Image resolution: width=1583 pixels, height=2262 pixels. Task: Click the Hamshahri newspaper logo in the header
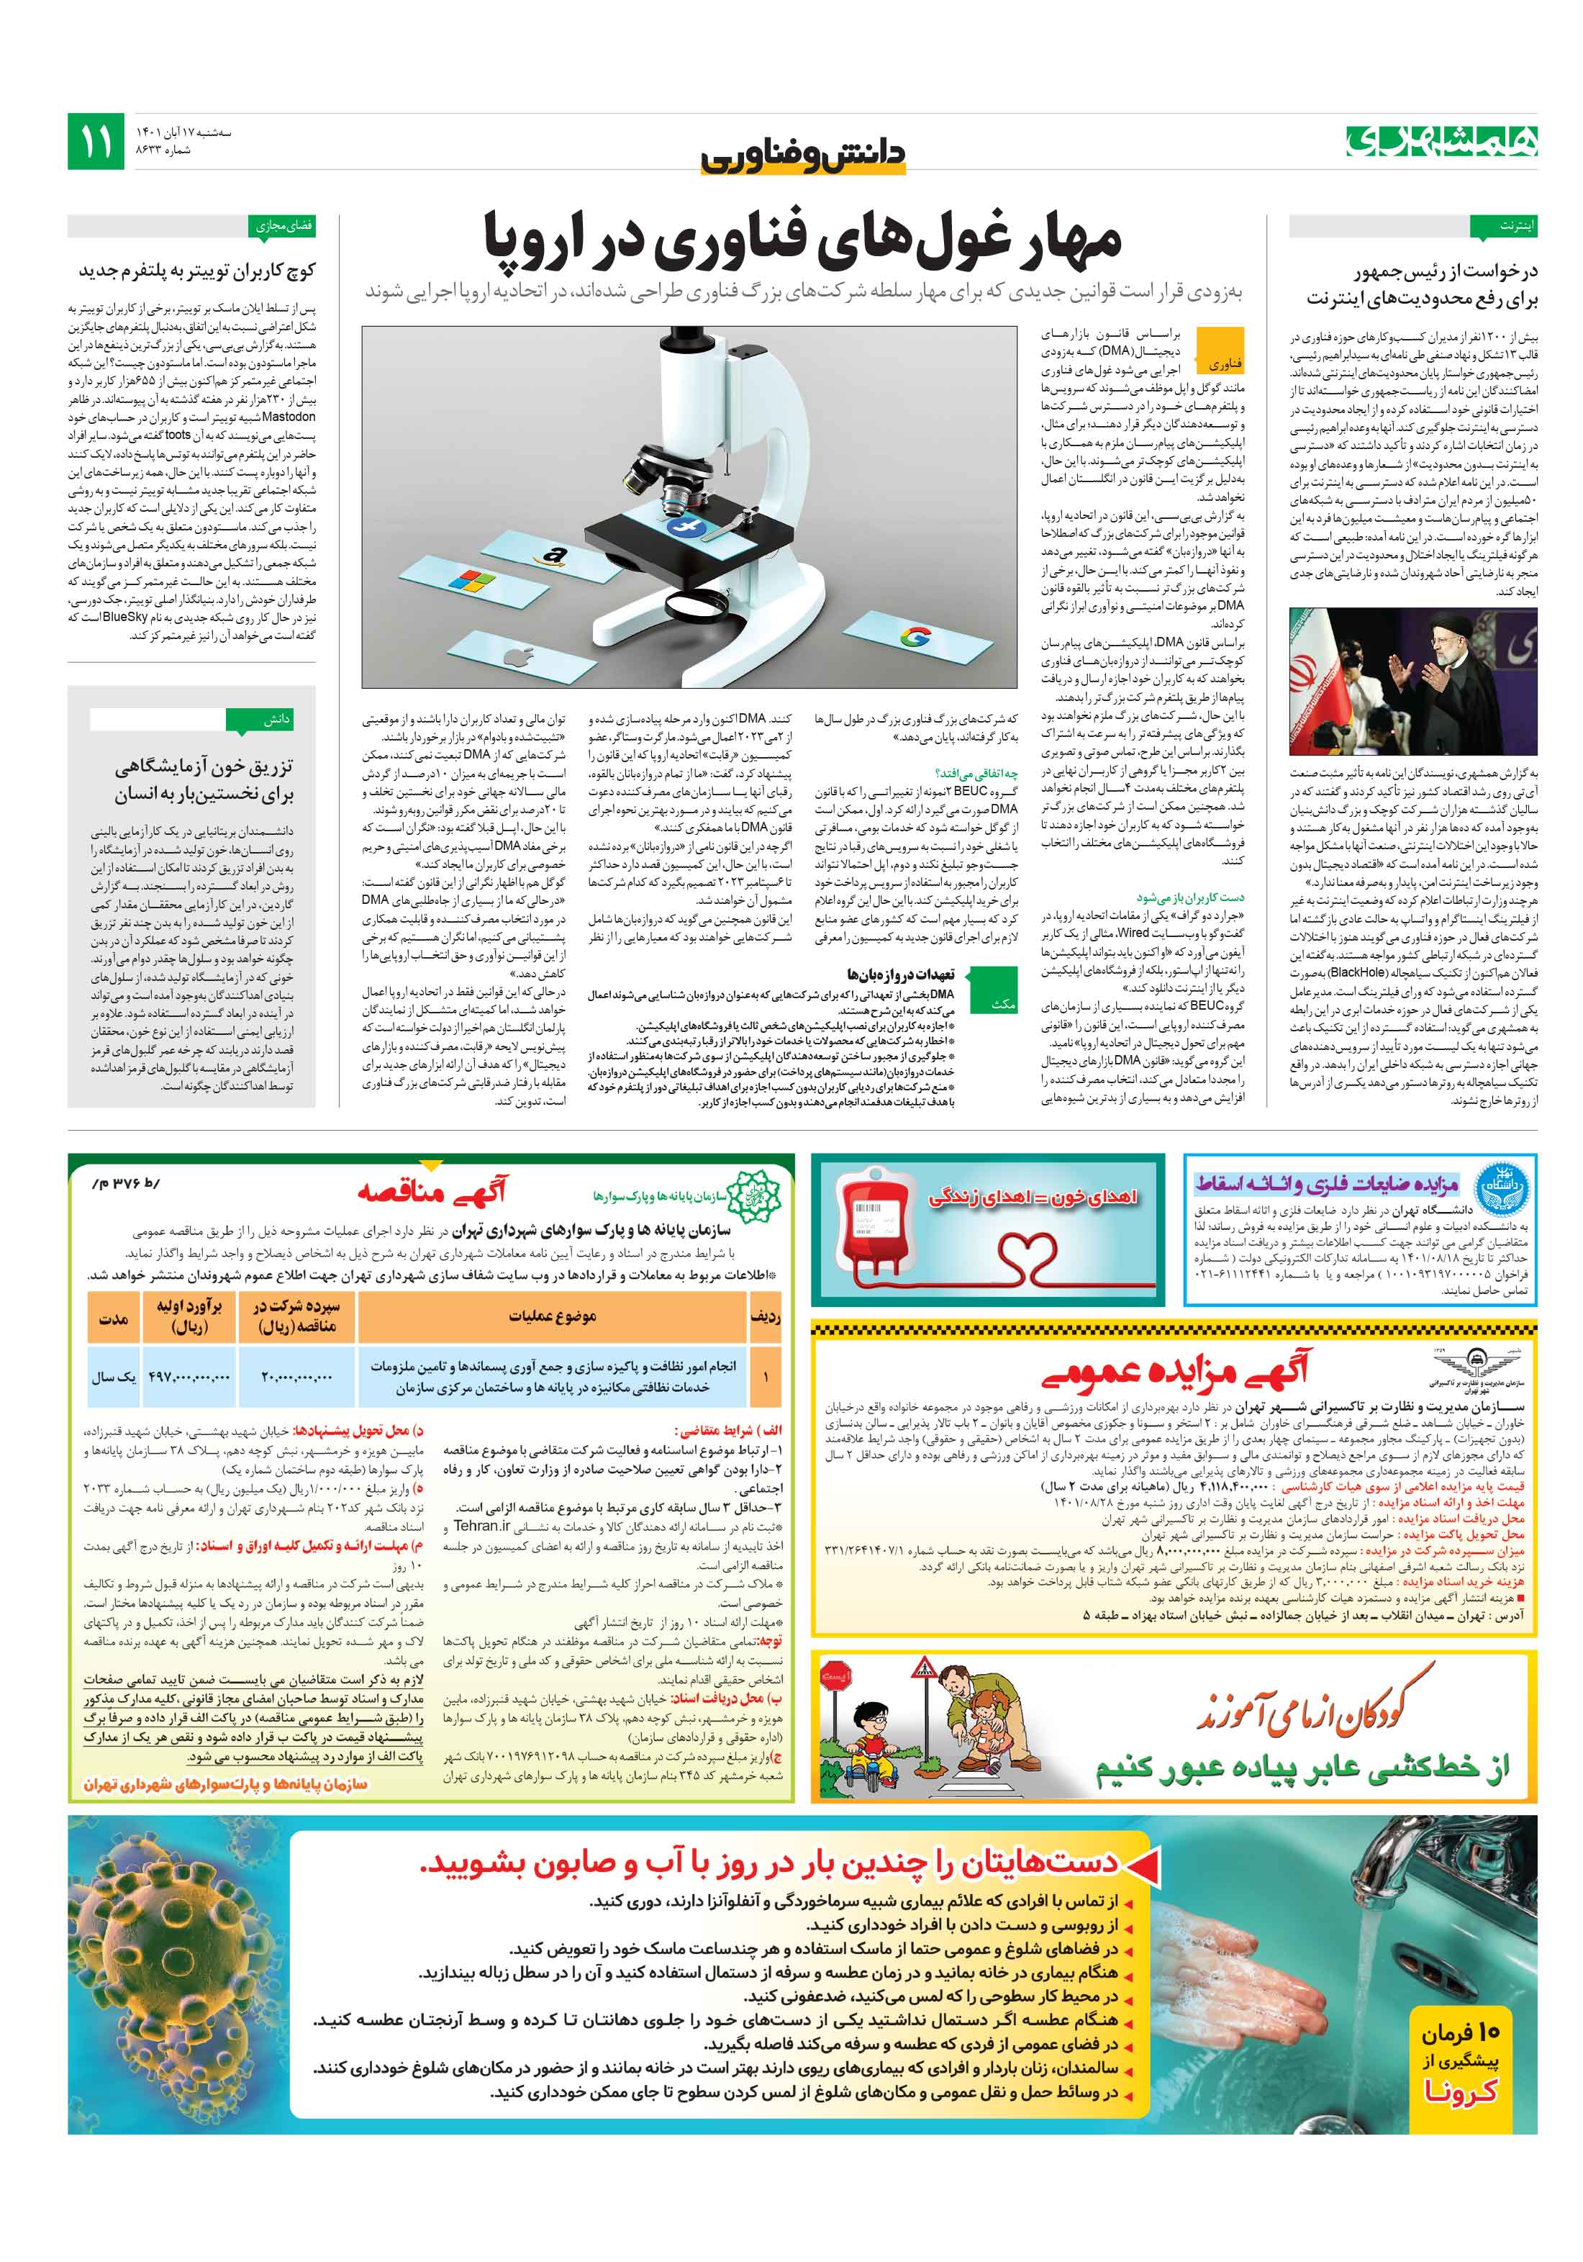coord(1440,142)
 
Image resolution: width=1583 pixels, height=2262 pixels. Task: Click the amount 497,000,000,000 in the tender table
coord(189,1377)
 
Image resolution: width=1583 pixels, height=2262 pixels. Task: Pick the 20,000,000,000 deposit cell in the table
coord(296,1377)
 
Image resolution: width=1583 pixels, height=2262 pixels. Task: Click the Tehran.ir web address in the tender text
coord(481,1525)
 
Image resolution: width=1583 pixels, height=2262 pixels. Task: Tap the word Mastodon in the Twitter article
coord(289,417)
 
